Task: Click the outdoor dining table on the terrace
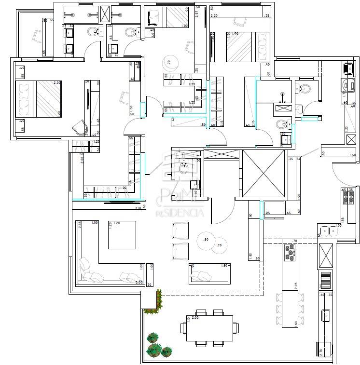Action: click(x=209, y=328)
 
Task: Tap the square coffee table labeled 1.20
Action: click(x=122, y=235)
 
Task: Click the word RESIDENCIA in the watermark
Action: click(x=179, y=212)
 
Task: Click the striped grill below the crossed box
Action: click(x=326, y=278)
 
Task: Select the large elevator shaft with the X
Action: click(x=263, y=173)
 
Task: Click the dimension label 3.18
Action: click(x=138, y=208)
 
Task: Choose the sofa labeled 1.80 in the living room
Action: click(x=208, y=273)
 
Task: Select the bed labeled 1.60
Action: click(x=247, y=47)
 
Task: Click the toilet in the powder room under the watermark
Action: click(x=183, y=168)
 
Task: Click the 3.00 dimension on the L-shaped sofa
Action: click(x=138, y=283)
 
